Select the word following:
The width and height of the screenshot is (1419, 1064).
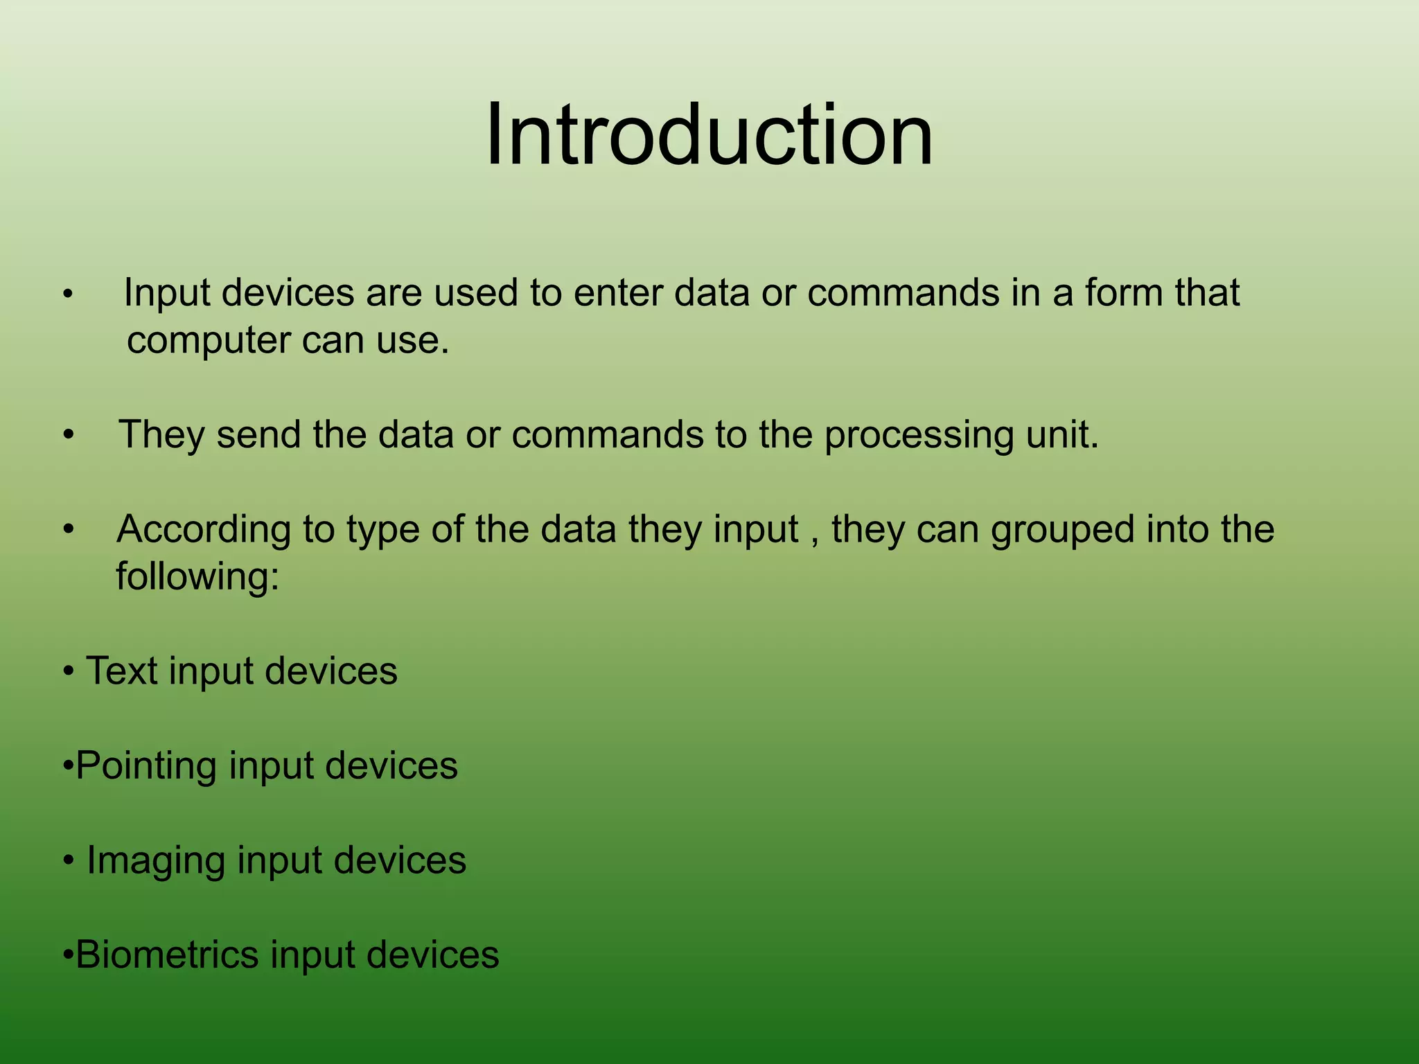(x=197, y=577)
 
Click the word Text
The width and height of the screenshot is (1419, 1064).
(x=121, y=671)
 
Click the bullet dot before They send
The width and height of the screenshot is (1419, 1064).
(x=68, y=436)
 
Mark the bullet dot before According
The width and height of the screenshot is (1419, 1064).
(x=68, y=531)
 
